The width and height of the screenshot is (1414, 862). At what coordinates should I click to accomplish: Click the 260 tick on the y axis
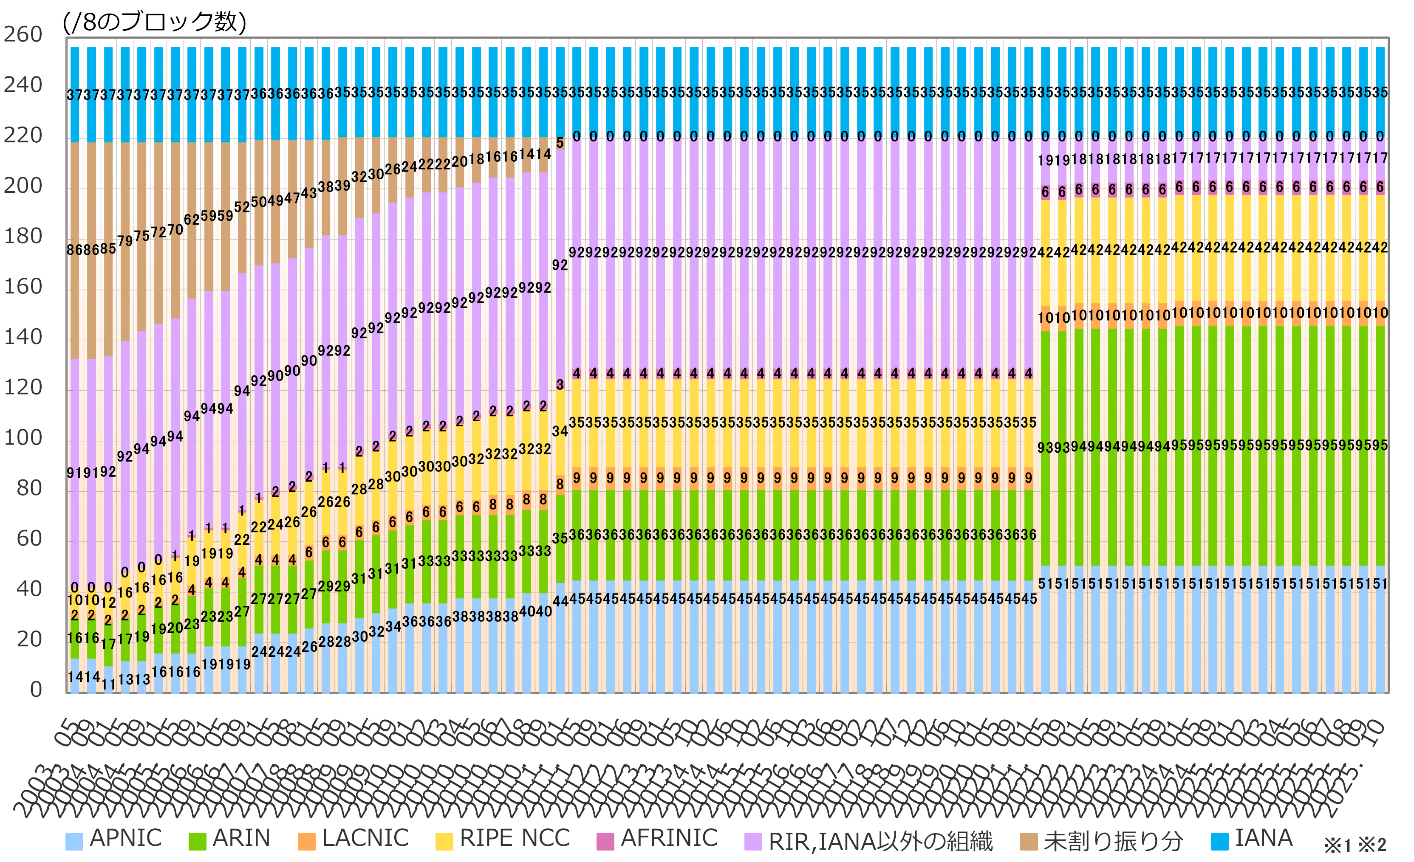[23, 34]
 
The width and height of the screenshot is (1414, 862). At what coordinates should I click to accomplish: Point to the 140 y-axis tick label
[23, 337]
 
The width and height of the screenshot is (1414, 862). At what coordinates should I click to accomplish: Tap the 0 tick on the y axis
[36, 689]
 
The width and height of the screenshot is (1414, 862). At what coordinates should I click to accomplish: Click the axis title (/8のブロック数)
[155, 22]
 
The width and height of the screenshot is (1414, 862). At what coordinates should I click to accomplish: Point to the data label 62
[192, 220]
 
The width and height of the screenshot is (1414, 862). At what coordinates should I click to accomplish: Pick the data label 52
[242, 206]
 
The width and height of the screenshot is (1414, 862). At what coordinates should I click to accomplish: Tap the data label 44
[560, 600]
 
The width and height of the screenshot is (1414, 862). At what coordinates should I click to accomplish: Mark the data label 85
[108, 249]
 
